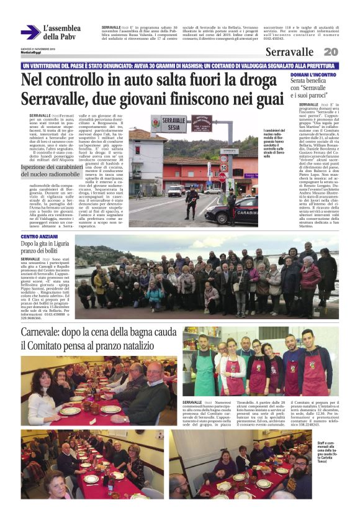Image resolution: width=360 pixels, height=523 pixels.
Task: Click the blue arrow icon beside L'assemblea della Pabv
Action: click(30, 32)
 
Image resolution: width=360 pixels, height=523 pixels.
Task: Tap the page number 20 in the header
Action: click(331, 52)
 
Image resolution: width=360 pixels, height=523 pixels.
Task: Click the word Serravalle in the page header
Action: click(289, 52)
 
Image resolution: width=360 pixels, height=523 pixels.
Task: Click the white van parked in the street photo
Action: click(175, 190)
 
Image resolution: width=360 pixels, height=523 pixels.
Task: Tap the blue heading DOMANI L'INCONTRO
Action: click(313, 75)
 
